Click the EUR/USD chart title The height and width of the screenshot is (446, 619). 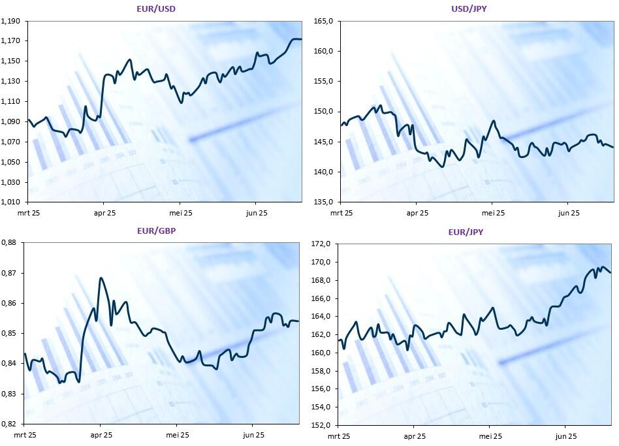point(156,8)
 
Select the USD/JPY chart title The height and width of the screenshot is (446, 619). point(469,8)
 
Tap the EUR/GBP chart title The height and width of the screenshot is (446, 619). point(156,231)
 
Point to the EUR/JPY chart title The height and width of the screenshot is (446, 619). point(466,232)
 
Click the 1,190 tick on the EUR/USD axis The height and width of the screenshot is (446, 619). point(10,21)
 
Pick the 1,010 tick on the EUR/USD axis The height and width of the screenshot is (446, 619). point(10,202)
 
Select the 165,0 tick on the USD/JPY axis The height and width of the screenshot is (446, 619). point(323,21)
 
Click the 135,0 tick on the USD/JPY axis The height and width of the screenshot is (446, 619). point(323,202)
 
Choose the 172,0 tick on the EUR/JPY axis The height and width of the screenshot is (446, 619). point(321,244)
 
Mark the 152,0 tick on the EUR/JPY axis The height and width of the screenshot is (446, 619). point(321,426)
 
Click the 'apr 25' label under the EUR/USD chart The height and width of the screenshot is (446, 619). point(104,213)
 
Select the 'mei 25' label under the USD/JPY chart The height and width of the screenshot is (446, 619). point(493,213)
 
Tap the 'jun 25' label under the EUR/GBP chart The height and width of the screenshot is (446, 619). point(253,436)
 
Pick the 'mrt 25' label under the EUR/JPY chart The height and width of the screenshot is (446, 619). point(339,436)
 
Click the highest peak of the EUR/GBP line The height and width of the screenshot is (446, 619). point(101,278)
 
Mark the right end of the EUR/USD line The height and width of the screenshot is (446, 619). point(302,39)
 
